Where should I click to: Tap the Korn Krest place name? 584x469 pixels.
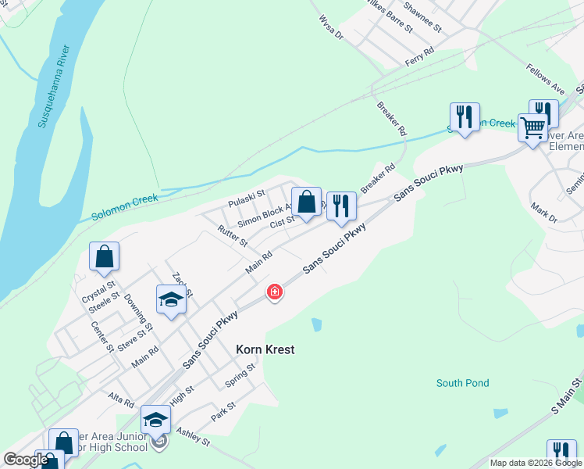(265, 349)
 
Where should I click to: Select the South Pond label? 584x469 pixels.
(463, 383)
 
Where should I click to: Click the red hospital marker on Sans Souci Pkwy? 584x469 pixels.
(274, 292)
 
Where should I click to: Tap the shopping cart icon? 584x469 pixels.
(533, 127)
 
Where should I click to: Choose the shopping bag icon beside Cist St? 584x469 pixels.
(308, 202)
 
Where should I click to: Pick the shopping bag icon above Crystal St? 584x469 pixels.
(104, 256)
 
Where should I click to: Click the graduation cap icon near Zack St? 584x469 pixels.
(171, 299)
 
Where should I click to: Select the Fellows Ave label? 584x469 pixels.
(545, 79)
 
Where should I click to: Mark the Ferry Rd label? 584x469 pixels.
(419, 57)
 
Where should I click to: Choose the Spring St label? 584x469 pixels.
(240, 375)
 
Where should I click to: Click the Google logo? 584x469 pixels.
(26, 460)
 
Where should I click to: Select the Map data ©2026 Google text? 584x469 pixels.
(535, 463)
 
